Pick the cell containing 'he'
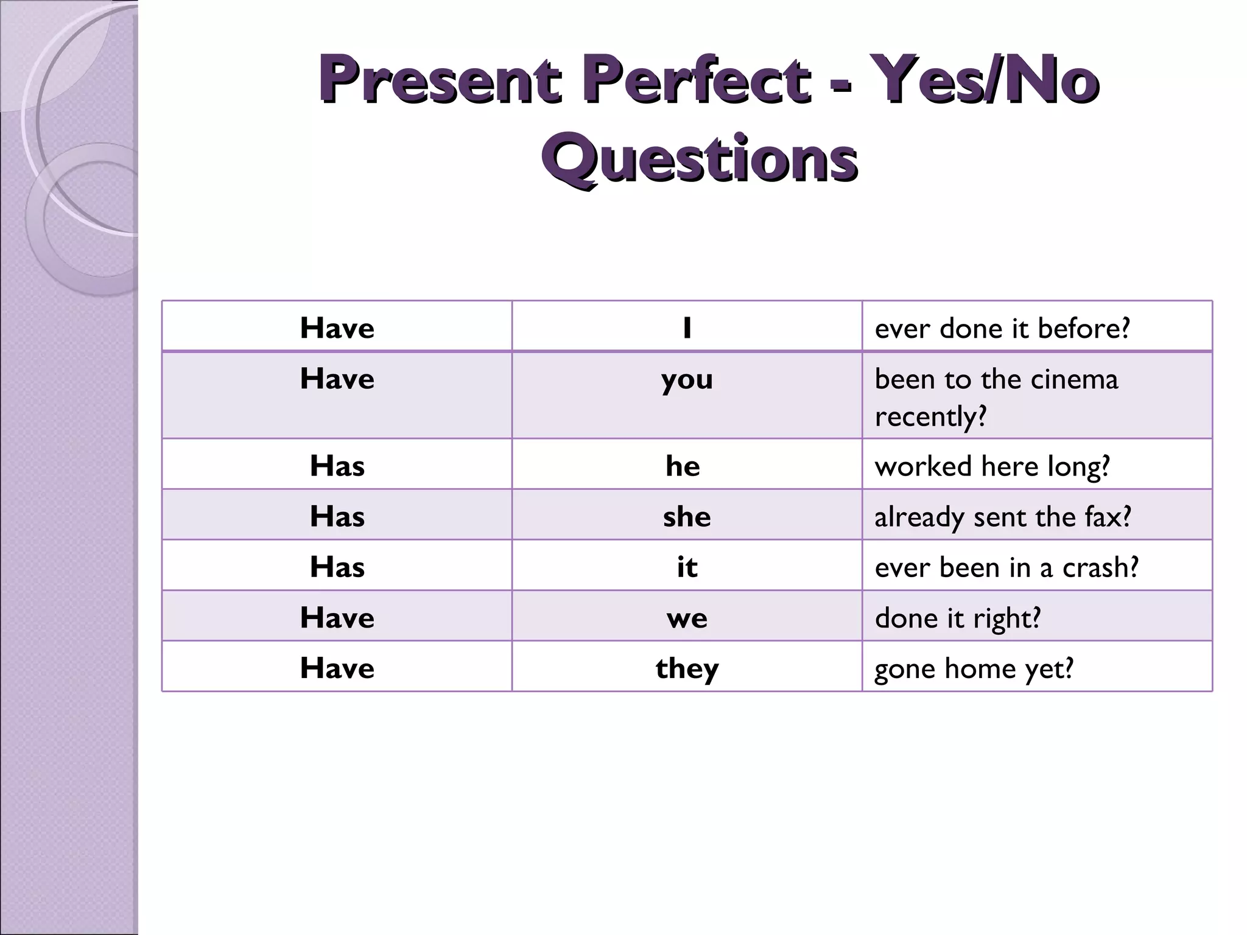point(683,466)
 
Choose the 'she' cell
point(687,517)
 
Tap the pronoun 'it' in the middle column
point(687,567)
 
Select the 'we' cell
point(687,618)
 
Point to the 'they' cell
point(687,668)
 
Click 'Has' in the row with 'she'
point(337,517)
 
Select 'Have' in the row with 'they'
point(337,668)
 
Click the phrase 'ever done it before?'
point(1002,328)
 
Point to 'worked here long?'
point(992,466)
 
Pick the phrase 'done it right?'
point(958,618)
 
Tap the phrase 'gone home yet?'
point(974,668)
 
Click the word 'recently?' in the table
point(930,417)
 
